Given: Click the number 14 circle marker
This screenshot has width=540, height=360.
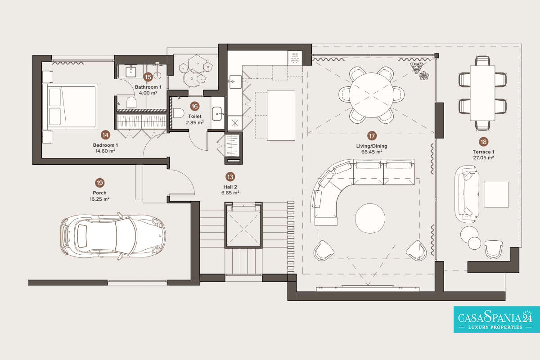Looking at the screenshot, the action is (105, 135).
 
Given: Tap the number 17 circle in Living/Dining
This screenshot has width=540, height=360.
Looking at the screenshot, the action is (372, 136).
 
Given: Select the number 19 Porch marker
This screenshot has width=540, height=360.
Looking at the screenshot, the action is (99, 183).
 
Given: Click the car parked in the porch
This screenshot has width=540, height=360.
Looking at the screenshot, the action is (113, 236).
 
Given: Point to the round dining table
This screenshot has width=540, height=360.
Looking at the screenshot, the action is (371, 95).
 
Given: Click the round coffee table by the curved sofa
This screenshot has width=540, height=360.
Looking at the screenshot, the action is (370, 218).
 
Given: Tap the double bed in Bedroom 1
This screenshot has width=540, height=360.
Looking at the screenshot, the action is (70, 107).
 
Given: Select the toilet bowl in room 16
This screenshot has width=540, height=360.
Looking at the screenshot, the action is (178, 113).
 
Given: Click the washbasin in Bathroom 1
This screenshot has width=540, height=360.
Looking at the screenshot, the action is (130, 72).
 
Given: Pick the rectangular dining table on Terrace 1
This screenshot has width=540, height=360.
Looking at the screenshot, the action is (482, 93).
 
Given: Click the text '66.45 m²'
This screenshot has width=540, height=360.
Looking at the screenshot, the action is (372, 152).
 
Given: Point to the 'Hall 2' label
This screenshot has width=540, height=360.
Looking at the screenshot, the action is (230, 187).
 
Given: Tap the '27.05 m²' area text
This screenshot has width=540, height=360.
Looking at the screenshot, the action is (483, 157).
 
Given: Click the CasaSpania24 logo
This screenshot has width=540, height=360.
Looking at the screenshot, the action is (497, 319).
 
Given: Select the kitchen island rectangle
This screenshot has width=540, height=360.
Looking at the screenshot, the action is (281, 115).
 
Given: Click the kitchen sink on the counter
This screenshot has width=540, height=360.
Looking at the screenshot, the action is (235, 82).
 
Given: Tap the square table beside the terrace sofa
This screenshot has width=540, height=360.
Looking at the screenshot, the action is (496, 194).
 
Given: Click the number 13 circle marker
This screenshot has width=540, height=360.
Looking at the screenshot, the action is (230, 177).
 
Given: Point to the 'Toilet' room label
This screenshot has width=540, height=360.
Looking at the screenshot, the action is (195, 116).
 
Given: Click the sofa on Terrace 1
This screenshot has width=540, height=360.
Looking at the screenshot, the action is (467, 194).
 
